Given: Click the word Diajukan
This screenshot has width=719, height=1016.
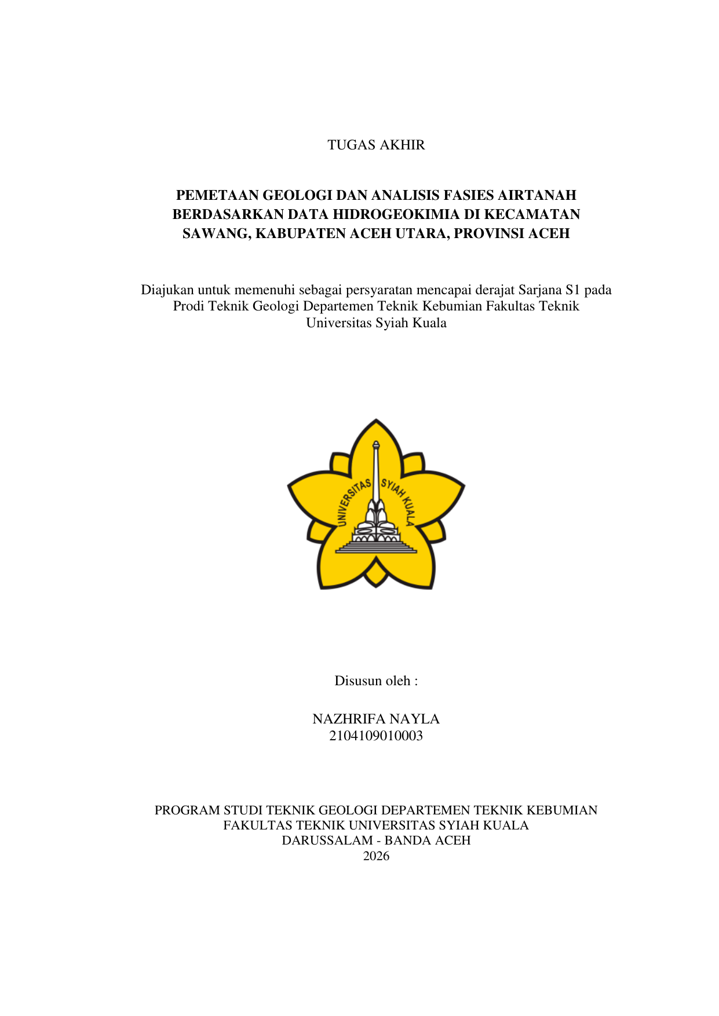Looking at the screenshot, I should (x=167, y=290).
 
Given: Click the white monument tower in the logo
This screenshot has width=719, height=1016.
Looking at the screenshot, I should (x=376, y=475).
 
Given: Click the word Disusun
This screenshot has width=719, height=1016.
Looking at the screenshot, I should (x=356, y=681).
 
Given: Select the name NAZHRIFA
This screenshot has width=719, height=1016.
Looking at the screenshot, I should (x=349, y=719).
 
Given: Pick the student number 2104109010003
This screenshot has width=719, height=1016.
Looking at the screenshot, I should (x=376, y=736).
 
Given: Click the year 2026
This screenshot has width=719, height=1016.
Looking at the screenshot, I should (x=376, y=856).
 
